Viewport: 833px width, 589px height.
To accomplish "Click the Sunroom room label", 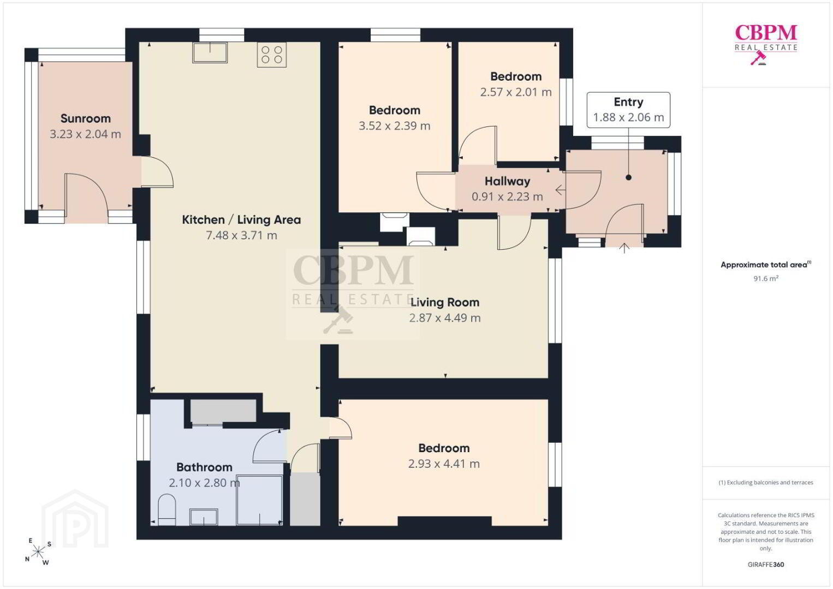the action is coord(86,118).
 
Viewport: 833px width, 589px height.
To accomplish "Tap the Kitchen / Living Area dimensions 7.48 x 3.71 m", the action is coord(242,235).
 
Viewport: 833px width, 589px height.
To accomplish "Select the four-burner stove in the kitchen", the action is coord(272,55).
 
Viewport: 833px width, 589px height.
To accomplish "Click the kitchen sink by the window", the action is coord(210,52).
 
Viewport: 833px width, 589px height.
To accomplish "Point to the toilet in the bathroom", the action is coord(167,509).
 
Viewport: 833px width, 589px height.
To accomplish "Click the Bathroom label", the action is coord(204,467).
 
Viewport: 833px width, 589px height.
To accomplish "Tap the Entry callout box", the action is coord(628,110).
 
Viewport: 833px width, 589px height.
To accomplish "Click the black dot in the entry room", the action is coord(628,178).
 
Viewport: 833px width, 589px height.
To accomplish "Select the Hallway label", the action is coord(507,182).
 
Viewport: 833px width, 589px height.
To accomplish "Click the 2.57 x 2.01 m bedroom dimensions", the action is coord(516,92).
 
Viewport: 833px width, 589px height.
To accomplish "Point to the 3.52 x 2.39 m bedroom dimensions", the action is coord(395,126).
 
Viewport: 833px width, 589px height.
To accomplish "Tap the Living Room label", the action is coord(445,303).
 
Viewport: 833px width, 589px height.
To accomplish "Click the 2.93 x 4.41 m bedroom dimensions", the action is coord(444,464).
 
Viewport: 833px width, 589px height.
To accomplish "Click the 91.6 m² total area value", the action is coord(766,278).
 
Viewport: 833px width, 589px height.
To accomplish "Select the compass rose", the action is coord(38,552).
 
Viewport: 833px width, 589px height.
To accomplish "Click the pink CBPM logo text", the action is coord(766,33).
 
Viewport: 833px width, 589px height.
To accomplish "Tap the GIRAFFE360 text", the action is coord(766,564).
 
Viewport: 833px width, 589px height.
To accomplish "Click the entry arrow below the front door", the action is coord(624,248).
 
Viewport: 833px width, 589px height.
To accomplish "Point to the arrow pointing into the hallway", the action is coord(561,190).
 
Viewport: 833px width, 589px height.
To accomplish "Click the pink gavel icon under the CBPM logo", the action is coord(758,58).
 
